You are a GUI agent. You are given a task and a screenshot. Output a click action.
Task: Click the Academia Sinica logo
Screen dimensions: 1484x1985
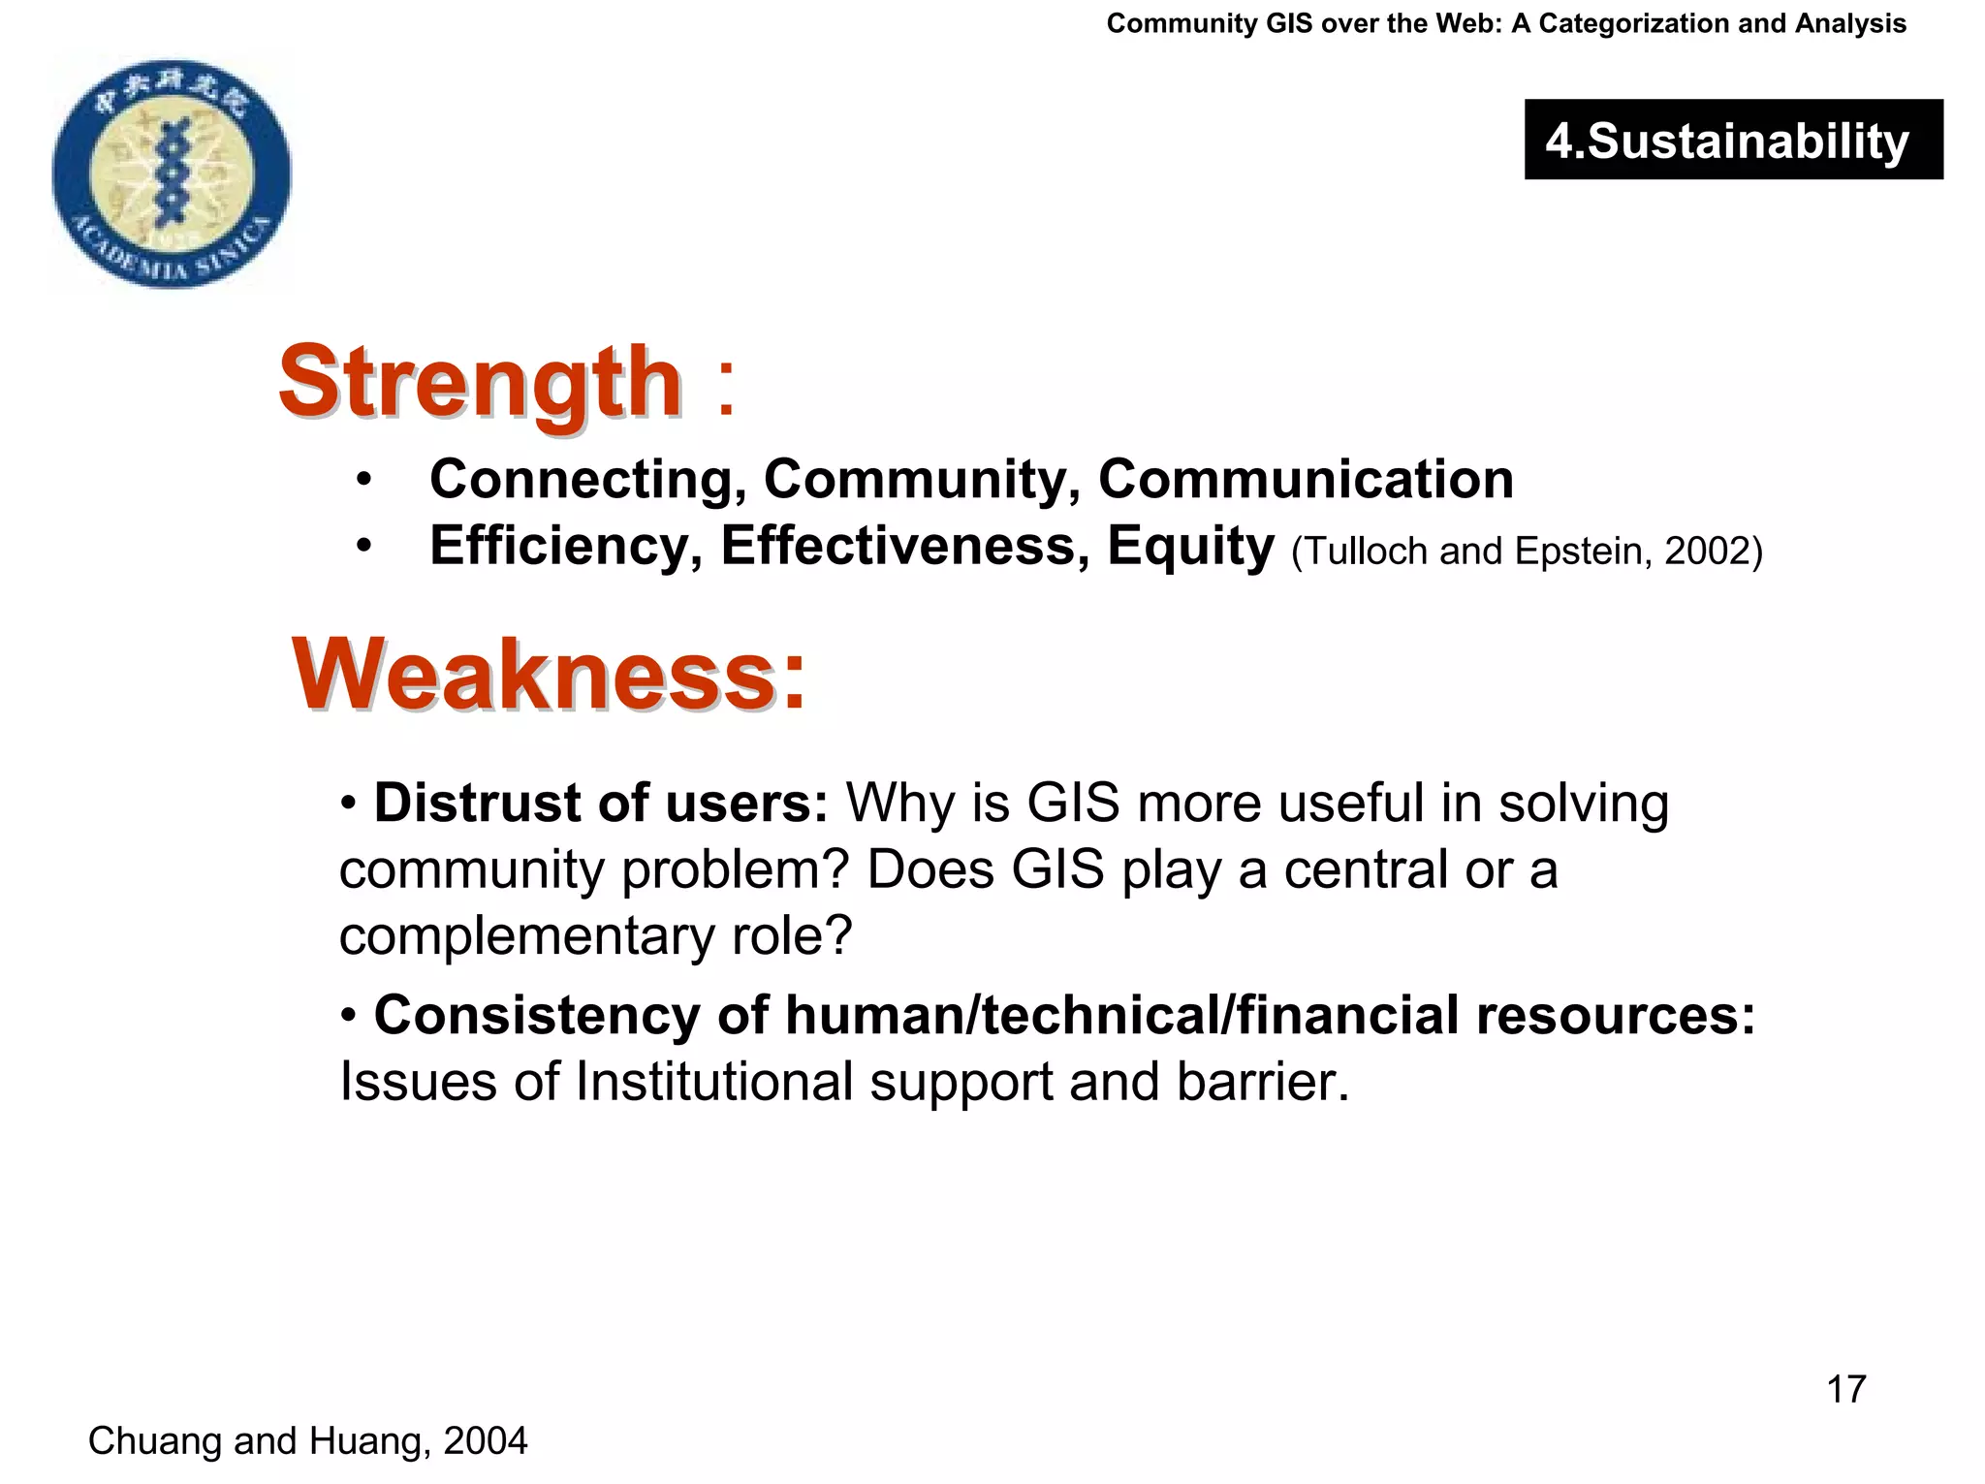click(x=172, y=173)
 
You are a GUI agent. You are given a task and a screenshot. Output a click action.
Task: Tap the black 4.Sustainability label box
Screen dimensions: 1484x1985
click(x=1733, y=140)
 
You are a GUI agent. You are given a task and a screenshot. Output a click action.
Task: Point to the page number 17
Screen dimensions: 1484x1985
click(x=1845, y=1389)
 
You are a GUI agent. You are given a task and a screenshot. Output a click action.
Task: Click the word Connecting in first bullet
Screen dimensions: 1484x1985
click(x=587, y=479)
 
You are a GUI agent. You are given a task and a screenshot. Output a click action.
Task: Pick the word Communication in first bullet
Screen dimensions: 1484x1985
click(x=1305, y=479)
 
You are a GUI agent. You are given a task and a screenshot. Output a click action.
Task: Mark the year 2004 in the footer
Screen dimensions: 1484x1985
click(x=485, y=1441)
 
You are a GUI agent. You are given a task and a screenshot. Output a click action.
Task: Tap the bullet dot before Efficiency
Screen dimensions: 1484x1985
click(x=362, y=547)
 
